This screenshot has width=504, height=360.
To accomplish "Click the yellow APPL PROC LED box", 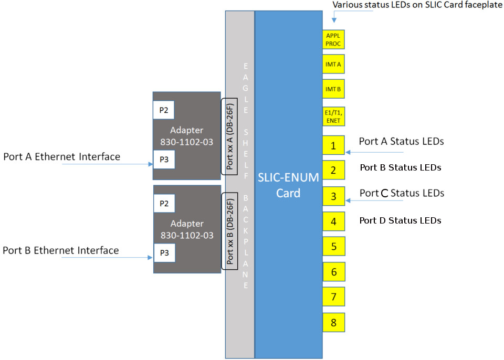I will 333,39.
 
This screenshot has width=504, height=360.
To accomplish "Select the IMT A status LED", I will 333,64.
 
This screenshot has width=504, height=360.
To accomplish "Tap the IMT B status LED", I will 333,89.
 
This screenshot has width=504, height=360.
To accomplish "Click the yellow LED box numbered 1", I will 333,145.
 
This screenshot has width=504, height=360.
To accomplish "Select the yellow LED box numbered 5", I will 333,246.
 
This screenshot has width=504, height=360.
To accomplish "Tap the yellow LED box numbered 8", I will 333,322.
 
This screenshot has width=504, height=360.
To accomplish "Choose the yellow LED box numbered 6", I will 333,272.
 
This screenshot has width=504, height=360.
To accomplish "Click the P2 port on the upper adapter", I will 163,110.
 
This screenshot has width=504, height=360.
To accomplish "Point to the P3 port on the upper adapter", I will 163,159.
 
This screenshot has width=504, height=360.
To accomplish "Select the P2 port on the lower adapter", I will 163,203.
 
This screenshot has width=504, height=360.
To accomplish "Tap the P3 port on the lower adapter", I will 163,252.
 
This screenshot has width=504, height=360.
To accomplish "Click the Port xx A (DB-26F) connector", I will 229,135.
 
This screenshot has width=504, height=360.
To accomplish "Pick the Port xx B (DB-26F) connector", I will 229,231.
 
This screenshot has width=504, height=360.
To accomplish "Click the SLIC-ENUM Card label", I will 288,185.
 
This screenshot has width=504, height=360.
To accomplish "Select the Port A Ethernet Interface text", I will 62,156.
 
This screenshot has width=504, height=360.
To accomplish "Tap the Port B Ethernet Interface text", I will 61,250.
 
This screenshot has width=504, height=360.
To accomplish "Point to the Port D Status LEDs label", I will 400,220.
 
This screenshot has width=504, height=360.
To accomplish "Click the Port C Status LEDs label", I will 402,193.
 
